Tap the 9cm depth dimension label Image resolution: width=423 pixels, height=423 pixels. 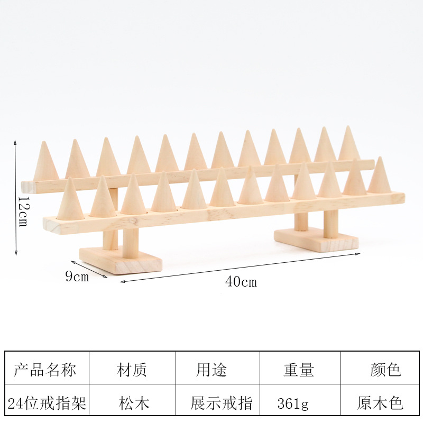click(x=77, y=277)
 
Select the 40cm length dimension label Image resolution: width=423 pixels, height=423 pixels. click(x=241, y=282)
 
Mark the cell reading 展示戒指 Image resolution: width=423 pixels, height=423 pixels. click(x=222, y=404)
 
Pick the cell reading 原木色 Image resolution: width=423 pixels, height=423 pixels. click(x=380, y=404)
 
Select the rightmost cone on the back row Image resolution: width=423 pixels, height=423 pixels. click(x=348, y=145)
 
